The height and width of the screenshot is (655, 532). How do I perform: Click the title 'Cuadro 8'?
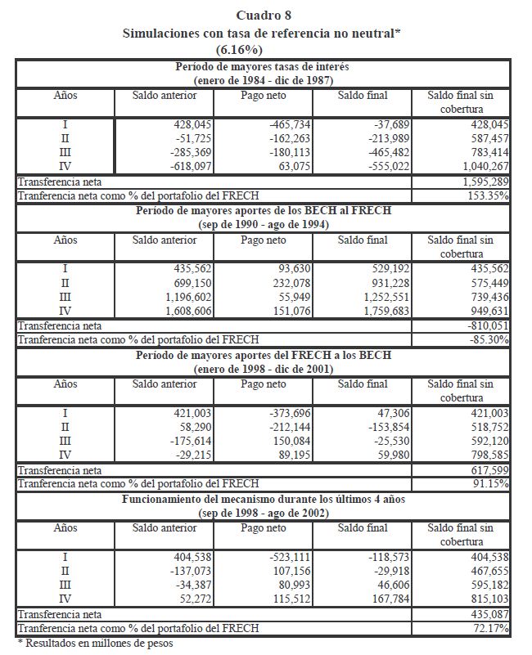click(264, 15)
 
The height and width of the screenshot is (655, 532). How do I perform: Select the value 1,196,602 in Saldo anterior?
click(170, 295)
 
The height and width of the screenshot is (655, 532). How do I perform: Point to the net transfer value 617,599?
click(489, 469)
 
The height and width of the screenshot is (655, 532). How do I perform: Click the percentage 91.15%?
click(491, 483)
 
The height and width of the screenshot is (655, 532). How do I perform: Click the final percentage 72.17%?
click(491, 627)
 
